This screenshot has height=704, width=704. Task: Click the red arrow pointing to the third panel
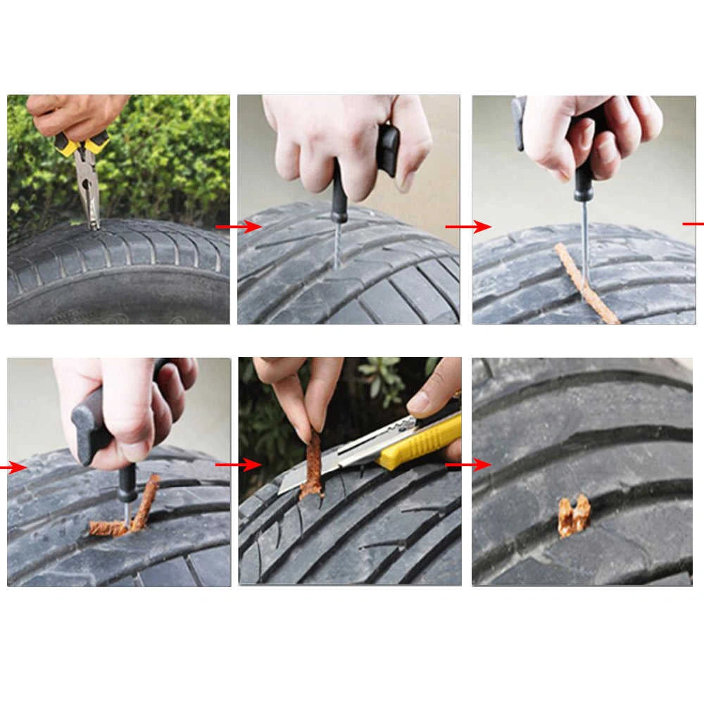tap(468, 227)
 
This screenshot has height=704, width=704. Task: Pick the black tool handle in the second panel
tap(388, 148)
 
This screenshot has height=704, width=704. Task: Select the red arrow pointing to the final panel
tap(468, 465)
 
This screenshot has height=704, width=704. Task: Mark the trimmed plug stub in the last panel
tap(574, 515)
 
